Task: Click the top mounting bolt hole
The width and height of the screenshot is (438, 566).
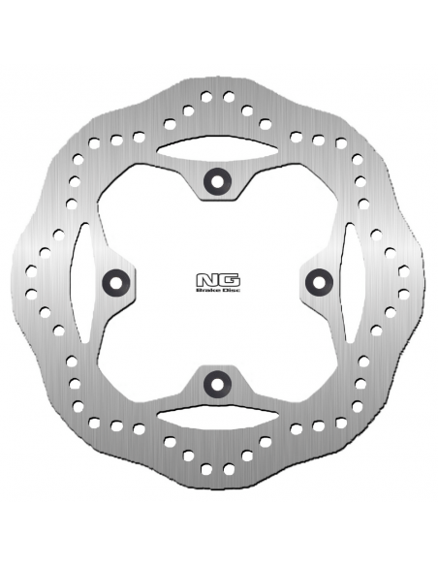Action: click(x=217, y=181)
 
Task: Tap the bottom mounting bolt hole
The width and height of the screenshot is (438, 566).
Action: click(x=217, y=384)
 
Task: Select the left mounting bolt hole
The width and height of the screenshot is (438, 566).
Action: click(x=116, y=282)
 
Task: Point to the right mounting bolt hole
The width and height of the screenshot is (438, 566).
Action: click(x=319, y=282)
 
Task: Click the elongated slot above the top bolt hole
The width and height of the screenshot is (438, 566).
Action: click(x=218, y=148)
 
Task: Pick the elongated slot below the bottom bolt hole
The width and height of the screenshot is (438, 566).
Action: click(x=218, y=417)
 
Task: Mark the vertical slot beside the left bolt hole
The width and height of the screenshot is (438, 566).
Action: click(x=82, y=283)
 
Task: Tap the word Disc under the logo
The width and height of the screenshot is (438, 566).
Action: click(x=232, y=290)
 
